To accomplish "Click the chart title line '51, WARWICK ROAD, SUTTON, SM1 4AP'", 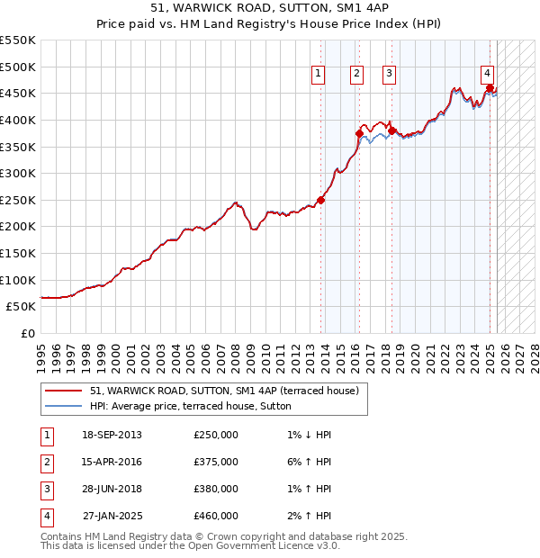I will click(x=270, y=6).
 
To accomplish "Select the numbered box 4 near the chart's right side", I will click(x=487, y=74).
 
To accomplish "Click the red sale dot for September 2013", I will click(x=320, y=200).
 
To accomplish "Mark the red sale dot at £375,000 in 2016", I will click(x=359, y=133).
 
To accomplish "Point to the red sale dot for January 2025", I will click(x=490, y=88).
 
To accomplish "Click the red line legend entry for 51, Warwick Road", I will click(x=224, y=391).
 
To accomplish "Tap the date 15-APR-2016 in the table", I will click(x=112, y=462).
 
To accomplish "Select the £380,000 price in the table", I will click(x=216, y=489).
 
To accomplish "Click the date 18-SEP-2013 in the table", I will click(x=112, y=435).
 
